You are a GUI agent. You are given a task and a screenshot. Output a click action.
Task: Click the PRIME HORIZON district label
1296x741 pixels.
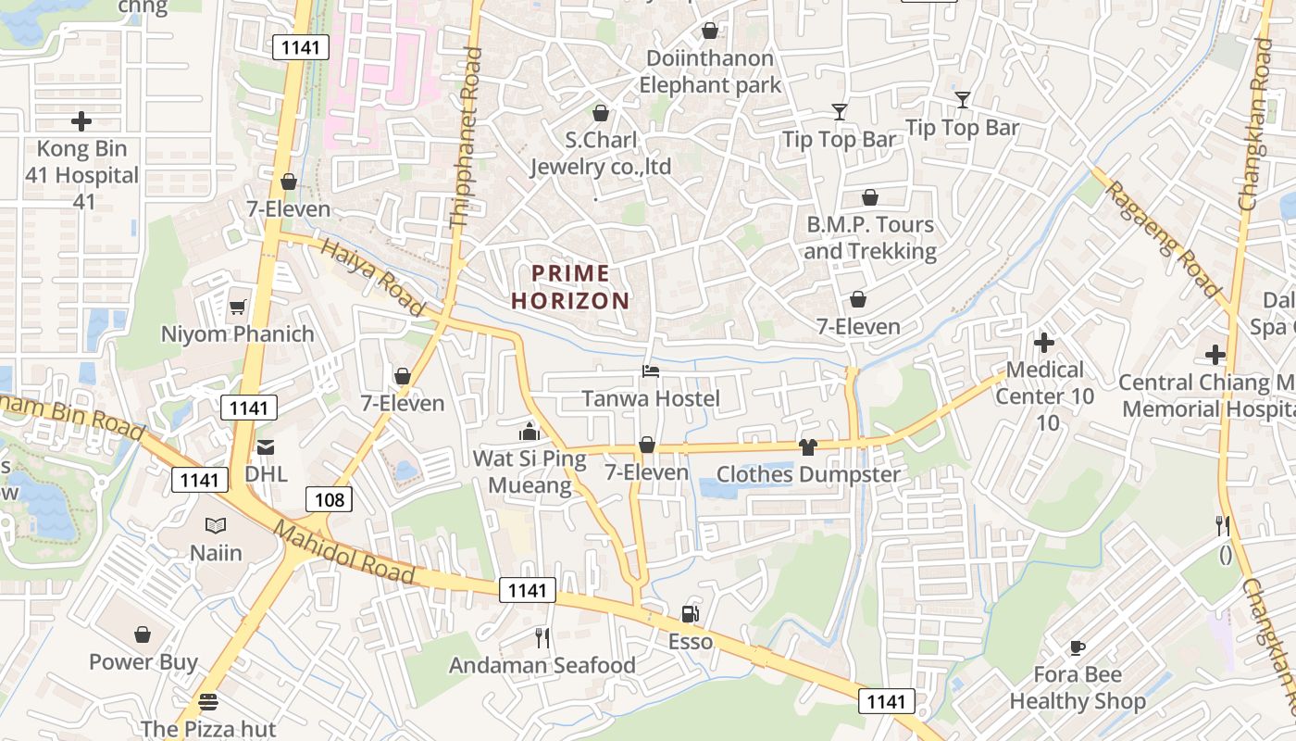tap(570, 287)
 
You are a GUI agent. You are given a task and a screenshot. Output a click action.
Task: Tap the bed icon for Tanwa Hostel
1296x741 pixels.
tap(651, 371)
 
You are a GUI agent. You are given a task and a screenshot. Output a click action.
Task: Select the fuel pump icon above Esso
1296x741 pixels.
tap(690, 613)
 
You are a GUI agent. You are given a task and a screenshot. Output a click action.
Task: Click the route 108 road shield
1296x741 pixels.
tap(329, 500)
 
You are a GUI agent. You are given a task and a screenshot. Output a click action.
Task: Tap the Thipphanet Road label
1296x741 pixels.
tap(466, 137)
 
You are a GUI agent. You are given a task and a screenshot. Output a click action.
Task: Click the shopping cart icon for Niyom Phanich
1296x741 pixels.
tap(238, 307)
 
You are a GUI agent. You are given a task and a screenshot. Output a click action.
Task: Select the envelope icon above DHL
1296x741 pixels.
tap(266, 446)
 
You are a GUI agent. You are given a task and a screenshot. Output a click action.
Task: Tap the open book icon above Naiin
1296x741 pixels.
tap(216, 526)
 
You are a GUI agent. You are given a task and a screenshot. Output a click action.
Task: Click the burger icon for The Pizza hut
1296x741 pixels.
tap(208, 702)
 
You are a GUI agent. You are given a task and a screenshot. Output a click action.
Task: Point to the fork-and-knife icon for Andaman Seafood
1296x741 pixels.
tap(542, 637)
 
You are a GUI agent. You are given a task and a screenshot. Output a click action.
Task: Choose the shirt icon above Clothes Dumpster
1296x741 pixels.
tap(808, 447)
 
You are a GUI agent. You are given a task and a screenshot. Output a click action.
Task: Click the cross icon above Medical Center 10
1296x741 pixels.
tap(1044, 343)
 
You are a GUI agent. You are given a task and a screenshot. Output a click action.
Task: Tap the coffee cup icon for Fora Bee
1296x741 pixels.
tap(1077, 647)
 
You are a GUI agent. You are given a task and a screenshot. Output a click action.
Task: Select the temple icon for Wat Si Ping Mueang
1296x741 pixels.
tap(530, 432)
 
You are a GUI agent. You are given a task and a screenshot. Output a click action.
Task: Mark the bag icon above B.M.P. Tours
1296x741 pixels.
tap(870, 197)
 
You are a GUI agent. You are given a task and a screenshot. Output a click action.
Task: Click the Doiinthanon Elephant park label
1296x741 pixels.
tap(710, 72)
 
